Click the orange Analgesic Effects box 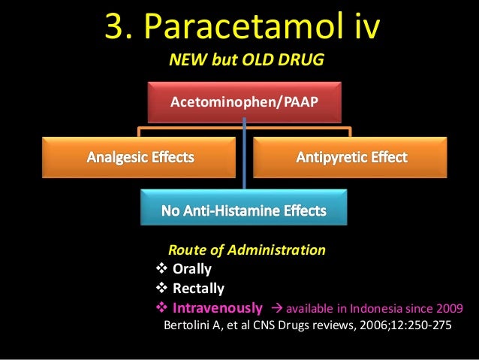coord(140,158)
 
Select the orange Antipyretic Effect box coord(351,158)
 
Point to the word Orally coord(191,269)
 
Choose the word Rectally coord(198,289)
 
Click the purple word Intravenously coord(218,308)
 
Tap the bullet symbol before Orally coord(161,269)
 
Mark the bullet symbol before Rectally coord(161,289)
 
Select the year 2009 coord(449,308)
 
